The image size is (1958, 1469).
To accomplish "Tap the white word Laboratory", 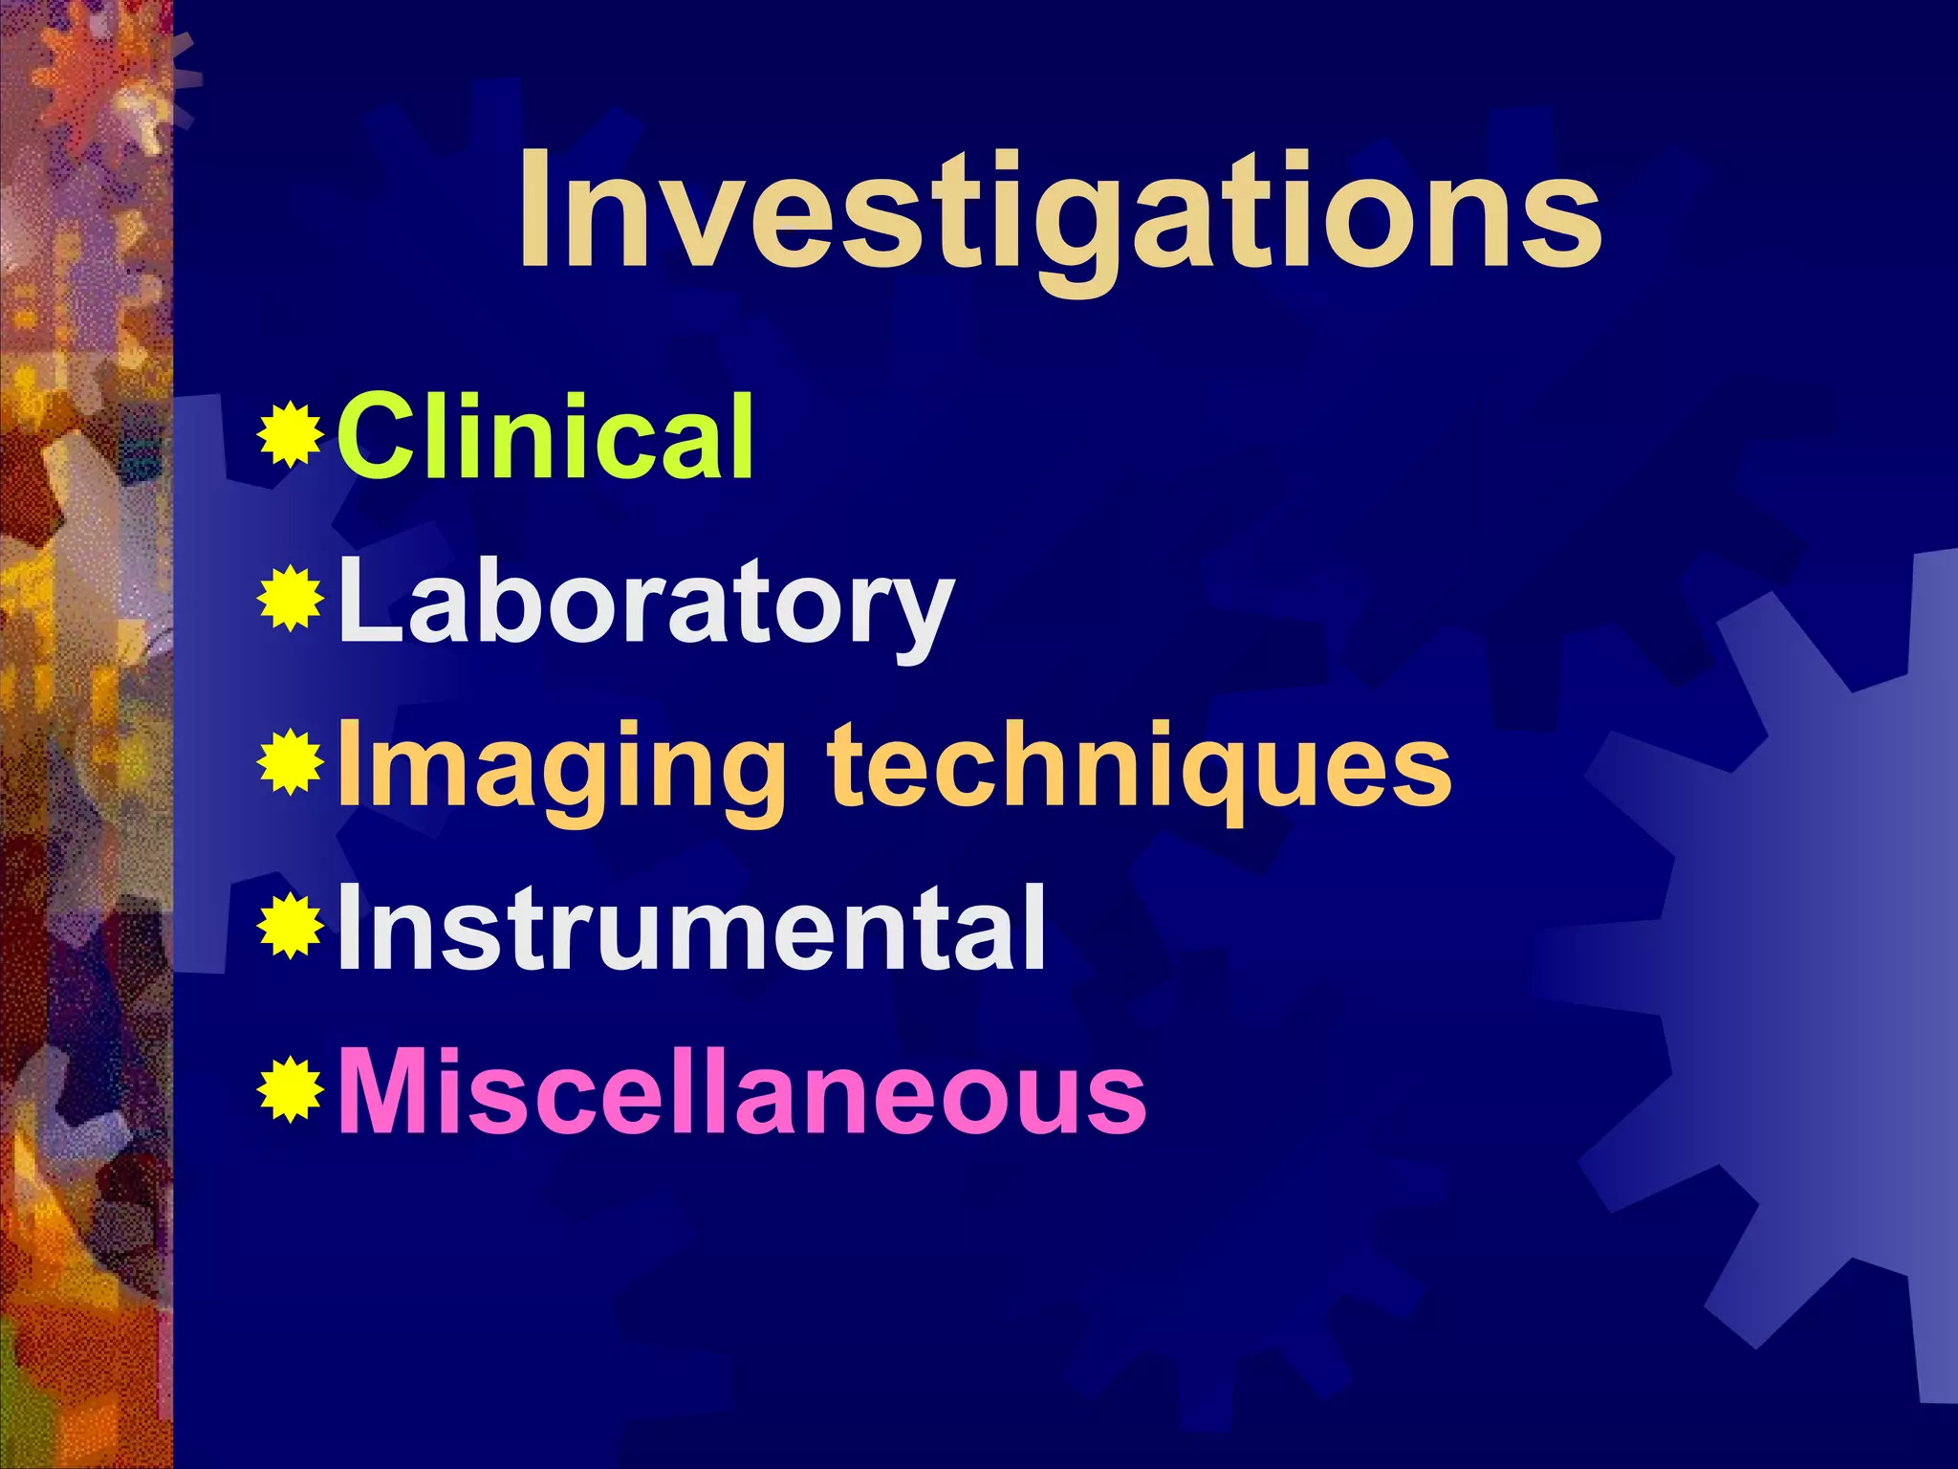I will (646, 603).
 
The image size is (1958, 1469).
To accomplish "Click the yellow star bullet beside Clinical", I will (290, 436).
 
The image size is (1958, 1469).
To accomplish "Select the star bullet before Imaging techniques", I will (290, 763).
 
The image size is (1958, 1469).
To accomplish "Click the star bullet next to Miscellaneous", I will (290, 1089).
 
